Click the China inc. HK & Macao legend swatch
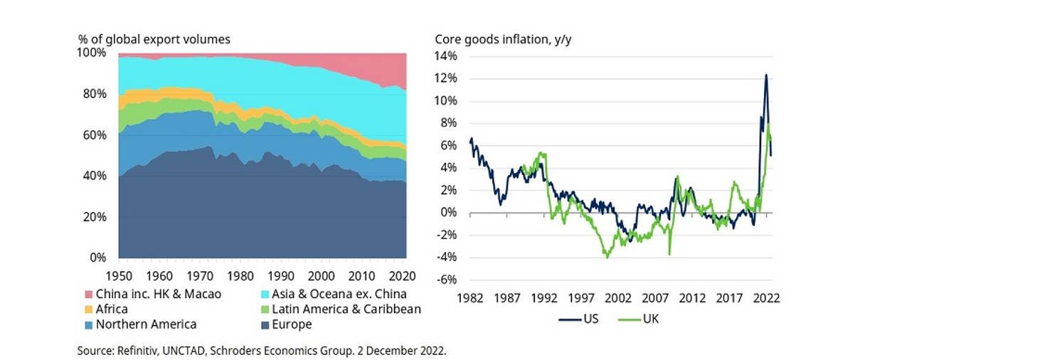pyautogui.click(x=89, y=294)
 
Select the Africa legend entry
pyautogui.click(x=112, y=309)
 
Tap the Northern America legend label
pyautogui.click(x=146, y=324)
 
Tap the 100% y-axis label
pyautogui.click(x=92, y=53)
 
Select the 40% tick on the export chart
pyautogui.click(x=95, y=176)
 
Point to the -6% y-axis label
pyautogui.click(x=446, y=280)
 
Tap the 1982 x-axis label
pyautogui.click(x=470, y=298)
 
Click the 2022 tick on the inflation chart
pyautogui.click(x=766, y=298)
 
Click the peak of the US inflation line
pyautogui.click(x=766, y=75)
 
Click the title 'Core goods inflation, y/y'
pyautogui.click(x=503, y=39)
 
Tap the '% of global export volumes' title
pyautogui.click(x=154, y=39)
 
